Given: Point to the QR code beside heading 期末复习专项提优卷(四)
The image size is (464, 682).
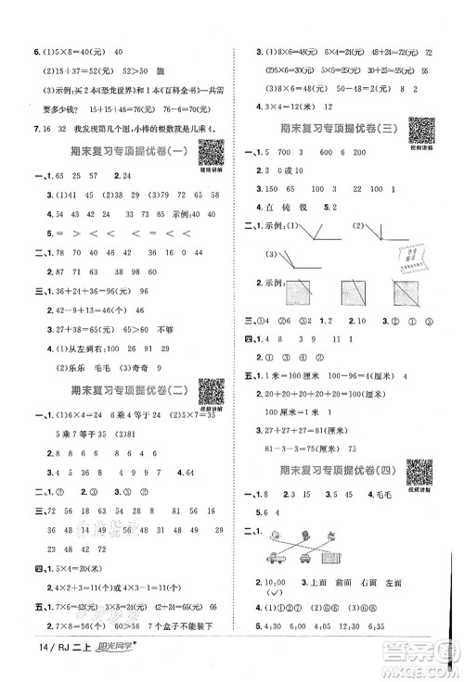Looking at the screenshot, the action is [x=422, y=470].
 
